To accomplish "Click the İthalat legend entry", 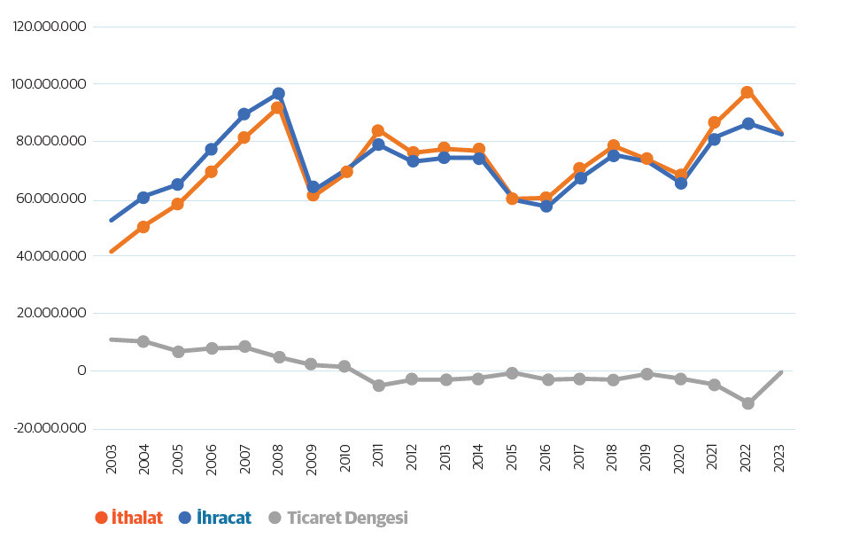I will click(x=128, y=518).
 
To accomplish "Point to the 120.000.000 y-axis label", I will click(x=50, y=27).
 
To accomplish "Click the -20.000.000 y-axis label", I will click(x=50, y=428).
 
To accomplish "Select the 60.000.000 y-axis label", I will click(x=51, y=199).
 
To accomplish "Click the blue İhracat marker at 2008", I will click(x=278, y=94).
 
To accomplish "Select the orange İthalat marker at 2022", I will click(x=747, y=92).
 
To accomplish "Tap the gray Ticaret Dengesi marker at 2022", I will click(x=747, y=403).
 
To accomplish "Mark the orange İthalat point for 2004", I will click(x=143, y=227).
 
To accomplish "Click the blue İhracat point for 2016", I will click(x=546, y=207).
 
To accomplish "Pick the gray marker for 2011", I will click(x=378, y=386).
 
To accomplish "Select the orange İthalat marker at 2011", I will click(x=378, y=130).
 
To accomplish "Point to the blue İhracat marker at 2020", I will click(x=680, y=183).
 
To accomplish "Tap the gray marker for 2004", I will click(x=143, y=341).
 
